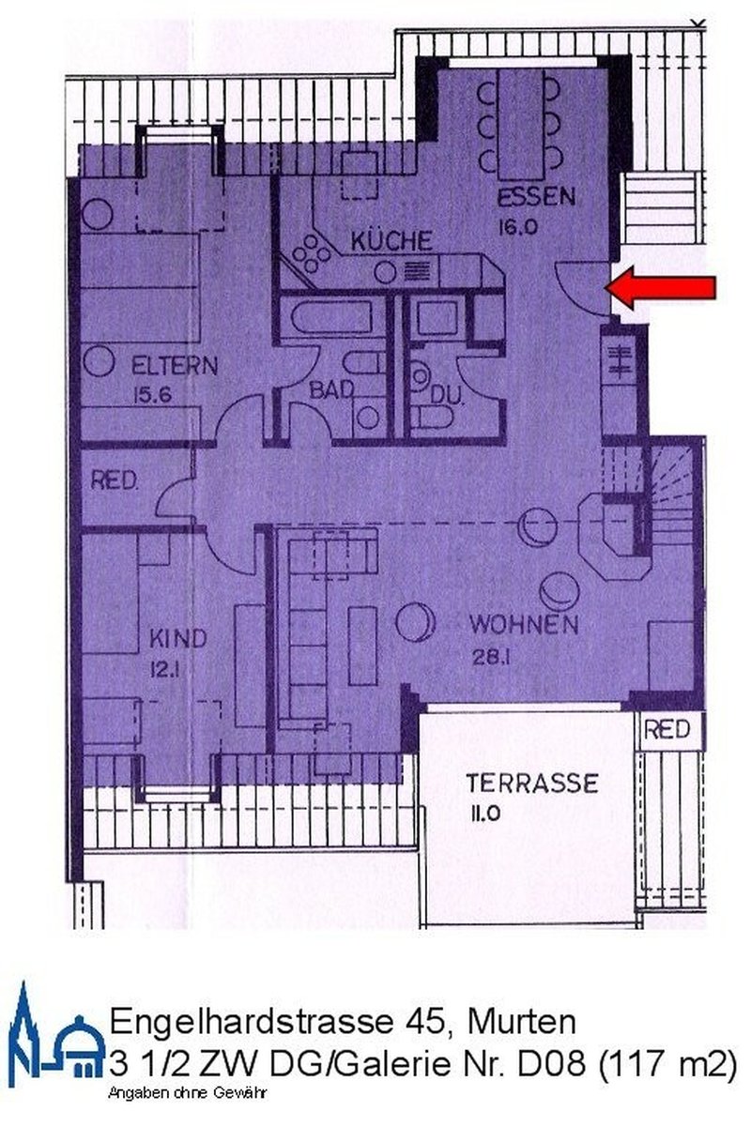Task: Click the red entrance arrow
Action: [665, 288]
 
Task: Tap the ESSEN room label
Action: [536, 198]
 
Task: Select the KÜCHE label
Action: [391, 240]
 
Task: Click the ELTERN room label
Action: [174, 364]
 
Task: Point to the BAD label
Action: [332, 389]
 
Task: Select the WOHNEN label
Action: [524, 624]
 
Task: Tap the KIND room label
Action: [177, 639]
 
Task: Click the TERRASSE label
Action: [532, 782]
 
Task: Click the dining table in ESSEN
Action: [519, 124]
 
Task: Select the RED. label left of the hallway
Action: [115, 482]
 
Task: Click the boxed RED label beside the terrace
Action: [667, 729]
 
